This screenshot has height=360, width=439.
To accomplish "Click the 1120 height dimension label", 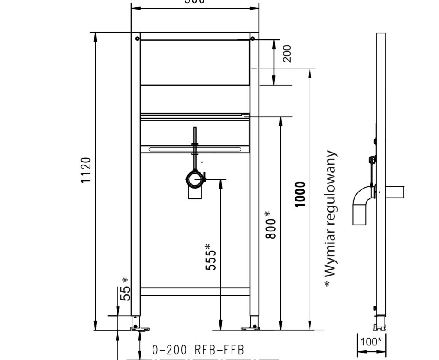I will pyautogui.click(x=86, y=170).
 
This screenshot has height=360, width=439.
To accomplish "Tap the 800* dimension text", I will pyautogui.click(x=270, y=225).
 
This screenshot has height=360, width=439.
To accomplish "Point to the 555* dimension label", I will pyautogui.click(x=211, y=257).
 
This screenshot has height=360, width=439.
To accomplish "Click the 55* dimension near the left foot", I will pyautogui.click(x=125, y=289).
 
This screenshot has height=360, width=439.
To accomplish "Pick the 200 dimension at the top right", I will pyautogui.click(x=287, y=54).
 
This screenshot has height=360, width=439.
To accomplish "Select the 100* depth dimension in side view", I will pyautogui.click(x=371, y=342).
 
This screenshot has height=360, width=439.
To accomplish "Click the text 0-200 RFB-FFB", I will pyautogui.click(x=198, y=350).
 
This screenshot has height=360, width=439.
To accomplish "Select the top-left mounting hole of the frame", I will pyautogui.click(x=137, y=39).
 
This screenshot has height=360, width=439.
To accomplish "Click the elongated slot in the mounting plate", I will pyautogui.click(x=195, y=149).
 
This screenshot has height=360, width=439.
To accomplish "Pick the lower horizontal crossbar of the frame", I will pyautogui.click(x=195, y=291).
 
